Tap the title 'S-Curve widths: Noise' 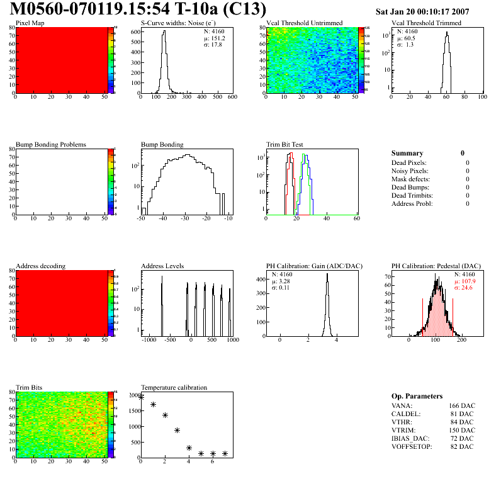pyautogui.click(x=172, y=23)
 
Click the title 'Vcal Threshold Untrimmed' pyautogui.click(x=304, y=23)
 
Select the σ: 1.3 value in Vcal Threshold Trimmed pyautogui.click(x=405, y=45)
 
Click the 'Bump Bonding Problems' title pyautogui.click(x=50, y=145)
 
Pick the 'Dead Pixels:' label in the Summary pyautogui.click(x=408, y=162)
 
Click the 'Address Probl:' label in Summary pyautogui.click(x=412, y=203)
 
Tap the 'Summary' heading pyautogui.click(x=407, y=153)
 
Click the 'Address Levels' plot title pyautogui.click(x=162, y=266)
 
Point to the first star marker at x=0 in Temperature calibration pyautogui.click(x=141, y=397)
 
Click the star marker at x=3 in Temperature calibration pyautogui.click(x=177, y=431)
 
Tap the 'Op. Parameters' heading pyautogui.click(x=417, y=396)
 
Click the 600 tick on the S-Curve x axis pyautogui.click(x=232, y=97)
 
